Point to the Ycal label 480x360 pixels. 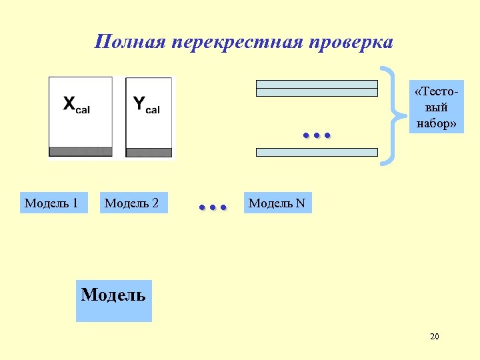click(146, 105)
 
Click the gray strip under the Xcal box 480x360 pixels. click(81, 151)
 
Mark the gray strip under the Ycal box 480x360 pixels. click(149, 152)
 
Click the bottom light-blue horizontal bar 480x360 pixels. click(317, 152)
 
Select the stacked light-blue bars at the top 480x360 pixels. click(317, 89)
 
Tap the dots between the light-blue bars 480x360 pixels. click(317, 135)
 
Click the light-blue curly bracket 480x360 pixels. click(395, 115)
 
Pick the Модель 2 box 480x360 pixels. click(132, 203)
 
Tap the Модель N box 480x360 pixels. click(277, 203)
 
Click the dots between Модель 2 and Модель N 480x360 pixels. click(213, 207)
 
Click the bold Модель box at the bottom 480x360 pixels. click(113, 300)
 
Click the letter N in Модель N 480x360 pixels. click(300, 203)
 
